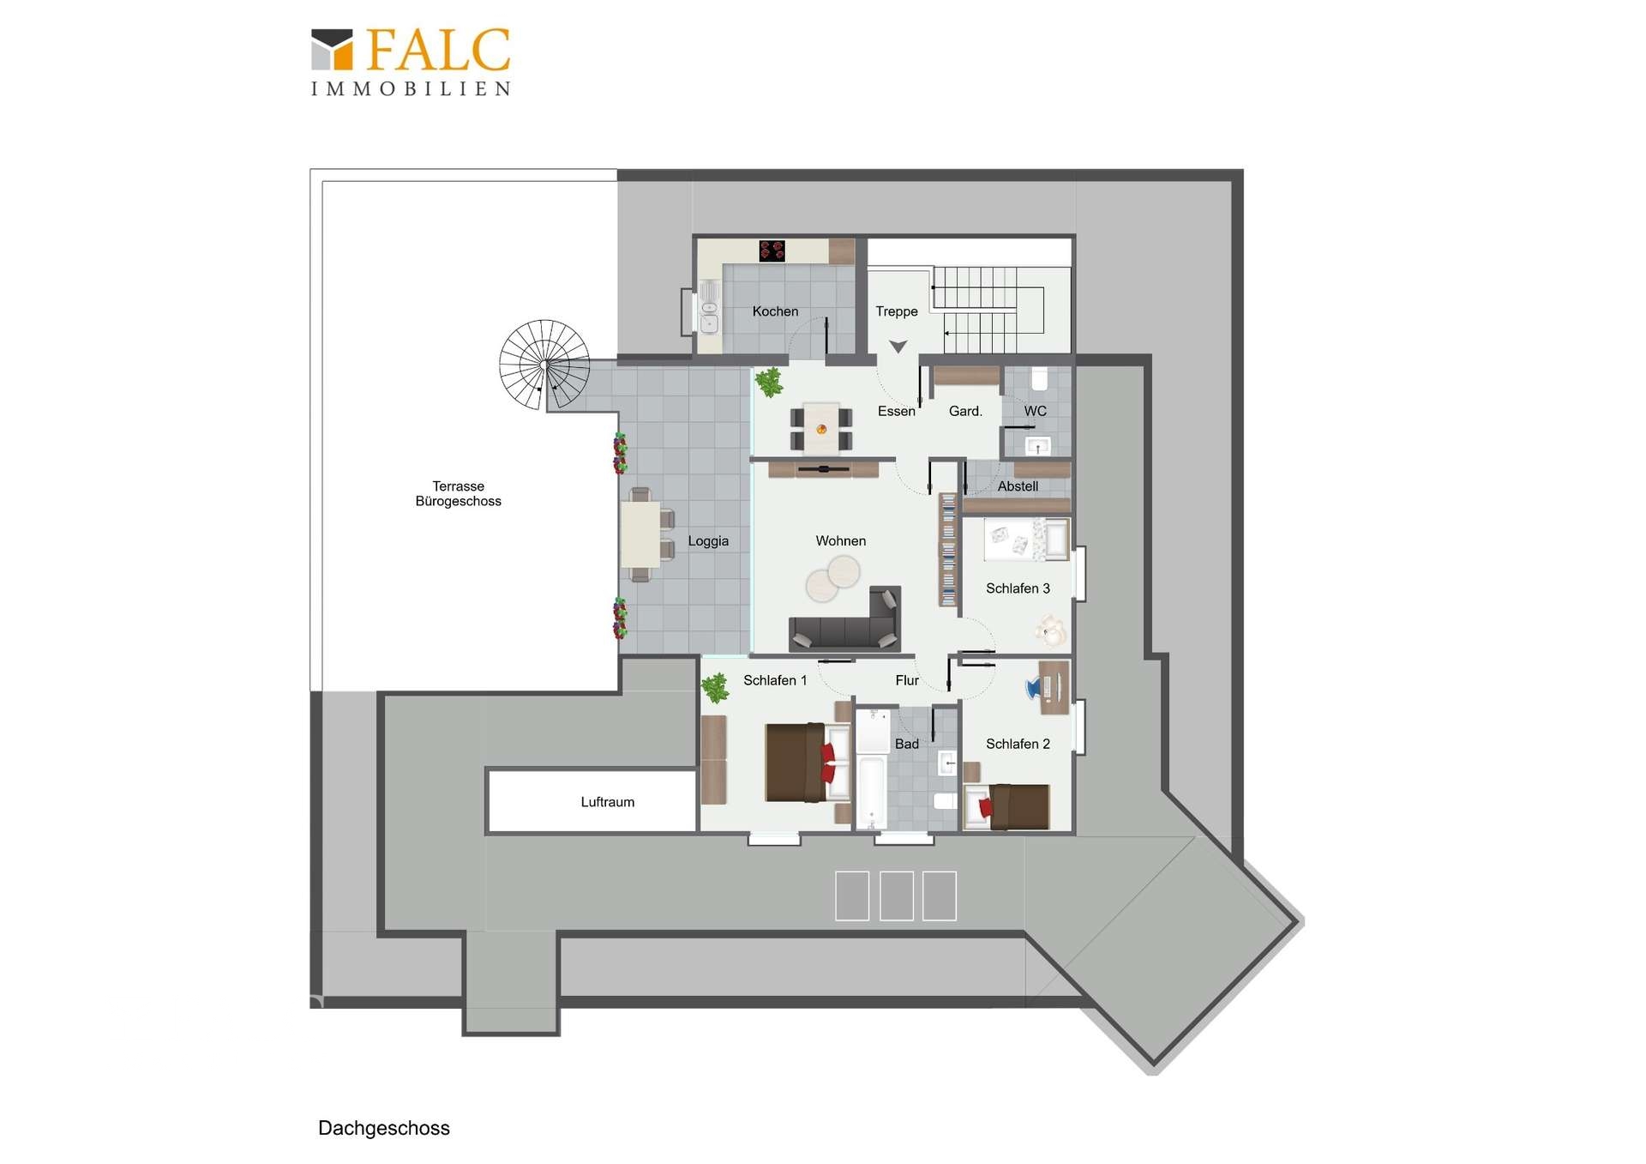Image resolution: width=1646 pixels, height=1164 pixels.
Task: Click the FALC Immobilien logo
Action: tap(411, 62)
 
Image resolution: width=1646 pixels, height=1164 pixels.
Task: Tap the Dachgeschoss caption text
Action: tap(384, 1128)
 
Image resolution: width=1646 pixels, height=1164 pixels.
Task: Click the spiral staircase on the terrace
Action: tap(544, 365)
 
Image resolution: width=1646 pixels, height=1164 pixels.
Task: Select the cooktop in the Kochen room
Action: tap(772, 250)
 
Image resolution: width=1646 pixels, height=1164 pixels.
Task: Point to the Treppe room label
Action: tap(897, 311)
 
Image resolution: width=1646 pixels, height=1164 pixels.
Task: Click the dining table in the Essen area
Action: tap(821, 428)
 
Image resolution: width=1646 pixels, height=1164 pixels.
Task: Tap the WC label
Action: tap(1036, 411)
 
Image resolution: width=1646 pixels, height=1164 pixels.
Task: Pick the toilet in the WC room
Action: tap(1039, 378)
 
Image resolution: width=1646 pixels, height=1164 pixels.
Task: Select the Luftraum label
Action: tap(608, 802)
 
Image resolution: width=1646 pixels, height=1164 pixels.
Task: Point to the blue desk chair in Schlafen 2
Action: tap(1035, 687)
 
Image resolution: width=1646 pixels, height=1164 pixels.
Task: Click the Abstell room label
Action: tap(1018, 486)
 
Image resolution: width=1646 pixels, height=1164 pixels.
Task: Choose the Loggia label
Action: tap(708, 540)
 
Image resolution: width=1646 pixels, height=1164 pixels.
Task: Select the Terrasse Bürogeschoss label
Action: tap(459, 493)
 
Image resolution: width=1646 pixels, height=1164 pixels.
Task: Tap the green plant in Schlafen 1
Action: tap(714, 688)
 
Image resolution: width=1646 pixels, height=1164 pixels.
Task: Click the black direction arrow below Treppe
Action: tap(898, 347)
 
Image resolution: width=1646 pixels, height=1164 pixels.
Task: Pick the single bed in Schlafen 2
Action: tap(1007, 806)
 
